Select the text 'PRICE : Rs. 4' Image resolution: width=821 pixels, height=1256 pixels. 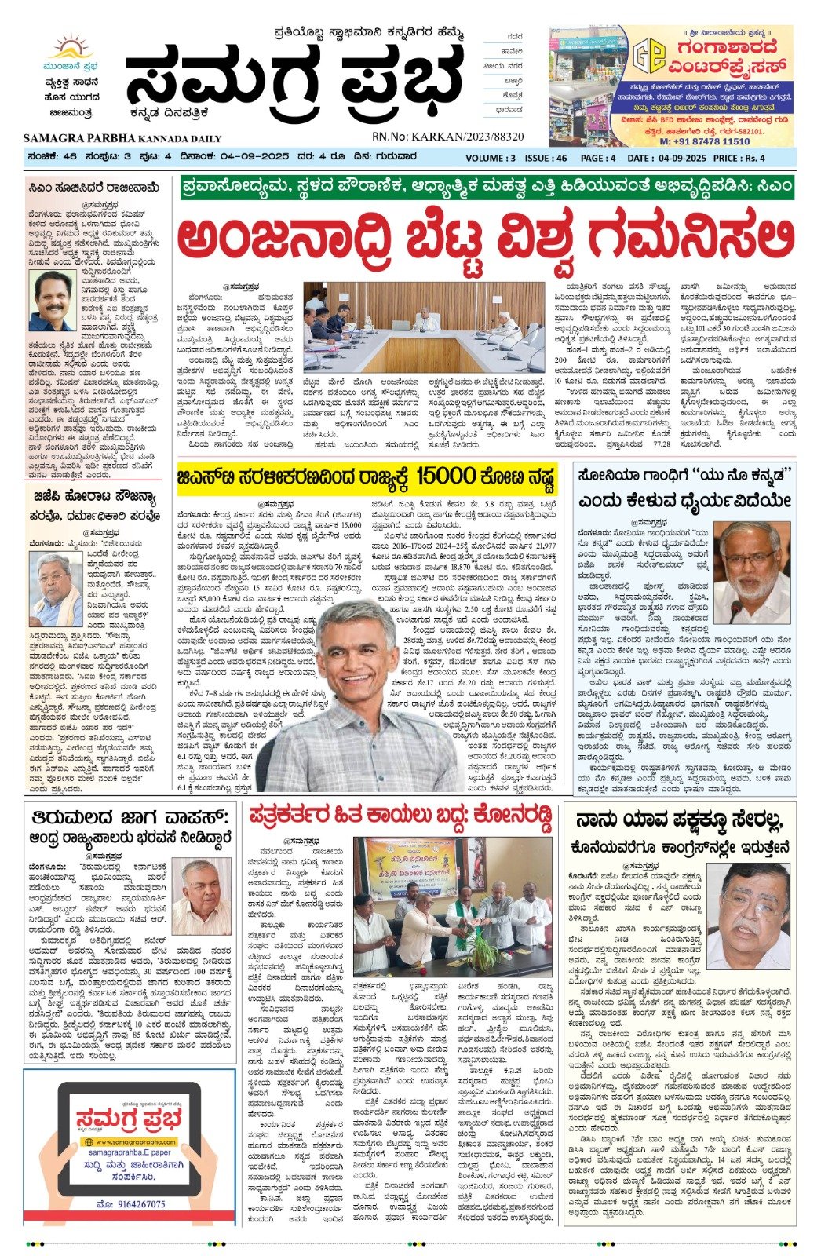click(x=739, y=158)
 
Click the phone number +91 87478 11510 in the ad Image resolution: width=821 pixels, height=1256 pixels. click(x=704, y=141)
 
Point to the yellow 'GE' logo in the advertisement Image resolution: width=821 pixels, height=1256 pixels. click(x=649, y=56)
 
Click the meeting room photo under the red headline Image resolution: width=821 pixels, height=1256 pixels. click(x=423, y=327)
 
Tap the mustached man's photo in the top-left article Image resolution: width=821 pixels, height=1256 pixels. click(x=52, y=301)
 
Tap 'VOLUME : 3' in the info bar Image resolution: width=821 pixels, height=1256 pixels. click(x=491, y=158)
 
